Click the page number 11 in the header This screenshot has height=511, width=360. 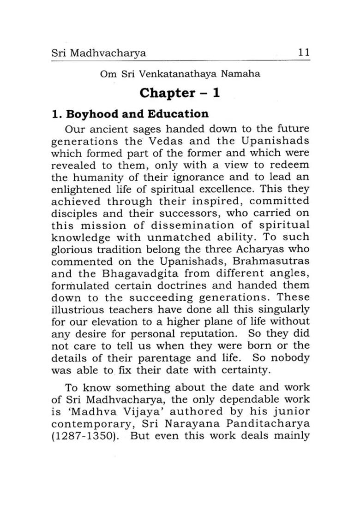(x=303, y=53)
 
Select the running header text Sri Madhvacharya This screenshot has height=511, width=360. (x=98, y=53)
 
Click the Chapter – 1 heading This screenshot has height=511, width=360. (x=180, y=93)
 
